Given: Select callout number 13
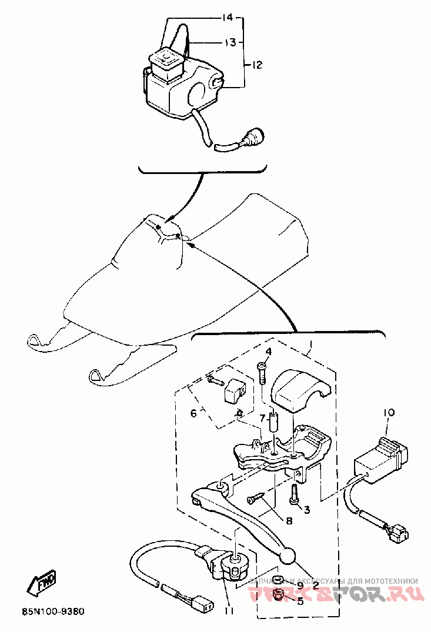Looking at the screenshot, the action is (230, 42).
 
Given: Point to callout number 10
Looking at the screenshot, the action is (374, 413).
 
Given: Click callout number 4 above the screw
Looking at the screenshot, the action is (268, 353).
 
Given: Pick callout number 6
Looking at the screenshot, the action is (193, 413).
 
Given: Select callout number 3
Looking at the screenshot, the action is (307, 509).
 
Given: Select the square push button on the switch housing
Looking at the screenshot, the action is (167, 59).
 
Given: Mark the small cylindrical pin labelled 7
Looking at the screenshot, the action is (273, 422).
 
